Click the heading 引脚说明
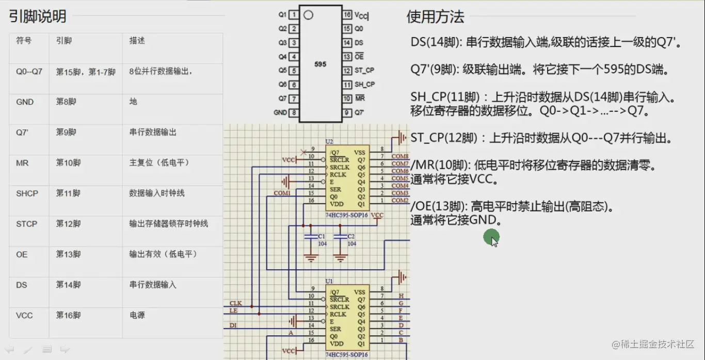click(x=38, y=17)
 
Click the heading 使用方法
click(x=435, y=17)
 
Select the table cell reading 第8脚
click(x=66, y=102)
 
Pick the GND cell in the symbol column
click(x=25, y=102)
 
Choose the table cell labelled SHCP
click(x=27, y=193)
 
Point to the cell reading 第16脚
click(x=68, y=315)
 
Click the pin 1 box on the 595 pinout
click(x=293, y=15)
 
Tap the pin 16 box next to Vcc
click(x=347, y=15)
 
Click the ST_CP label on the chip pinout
click(x=364, y=71)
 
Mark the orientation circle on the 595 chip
click(x=308, y=15)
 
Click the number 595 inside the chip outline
click(x=320, y=65)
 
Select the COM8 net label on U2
click(x=400, y=156)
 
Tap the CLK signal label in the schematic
click(x=235, y=303)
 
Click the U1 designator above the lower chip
click(x=329, y=281)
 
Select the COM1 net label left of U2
click(x=282, y=193)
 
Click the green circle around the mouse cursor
click(x=491, y=238)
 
